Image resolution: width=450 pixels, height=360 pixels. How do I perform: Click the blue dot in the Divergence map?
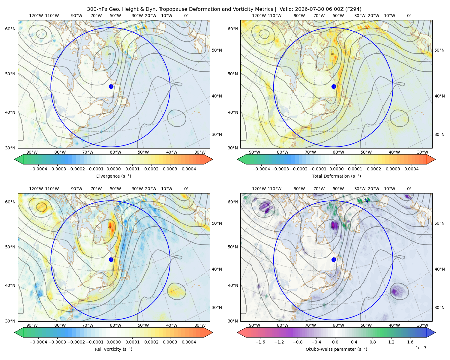[x=111, y=86]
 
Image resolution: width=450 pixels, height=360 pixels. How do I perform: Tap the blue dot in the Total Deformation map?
[x=334, y=86]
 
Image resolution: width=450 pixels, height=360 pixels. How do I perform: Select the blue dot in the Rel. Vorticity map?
[x=111, y=259]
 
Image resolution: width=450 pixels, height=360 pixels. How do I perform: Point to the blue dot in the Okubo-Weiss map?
[x=334, y=259]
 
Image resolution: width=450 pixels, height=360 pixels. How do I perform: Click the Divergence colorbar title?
[x=113, y=176]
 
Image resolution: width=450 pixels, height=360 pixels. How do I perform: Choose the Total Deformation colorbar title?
[x=336, y=176]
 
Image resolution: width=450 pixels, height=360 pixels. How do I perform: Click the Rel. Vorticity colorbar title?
[x=113, y=349]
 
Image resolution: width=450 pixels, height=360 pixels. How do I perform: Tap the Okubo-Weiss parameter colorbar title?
[x=336, y=349]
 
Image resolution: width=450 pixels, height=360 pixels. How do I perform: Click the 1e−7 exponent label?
[x=421, y=348]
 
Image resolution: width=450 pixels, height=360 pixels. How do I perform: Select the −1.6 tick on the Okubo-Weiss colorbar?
[x=260, y=342]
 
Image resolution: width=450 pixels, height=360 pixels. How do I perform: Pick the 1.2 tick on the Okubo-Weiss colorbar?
[x=391, y=342]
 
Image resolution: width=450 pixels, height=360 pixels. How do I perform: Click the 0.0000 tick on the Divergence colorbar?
[x=113, y=169]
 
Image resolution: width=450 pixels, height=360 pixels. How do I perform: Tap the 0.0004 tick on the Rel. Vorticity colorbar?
[x=189, y=342]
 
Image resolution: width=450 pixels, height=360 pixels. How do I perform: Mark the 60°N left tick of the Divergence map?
[x=10, y=29]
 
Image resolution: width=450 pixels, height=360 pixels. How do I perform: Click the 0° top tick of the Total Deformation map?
[x=409, y=16]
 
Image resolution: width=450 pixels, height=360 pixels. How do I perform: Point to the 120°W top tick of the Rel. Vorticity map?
[x=36, y=189]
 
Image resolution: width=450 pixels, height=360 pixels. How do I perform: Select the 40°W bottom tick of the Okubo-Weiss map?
[x=394, y=325]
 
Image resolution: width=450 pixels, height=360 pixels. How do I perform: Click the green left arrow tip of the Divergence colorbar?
[x=15, y=159]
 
